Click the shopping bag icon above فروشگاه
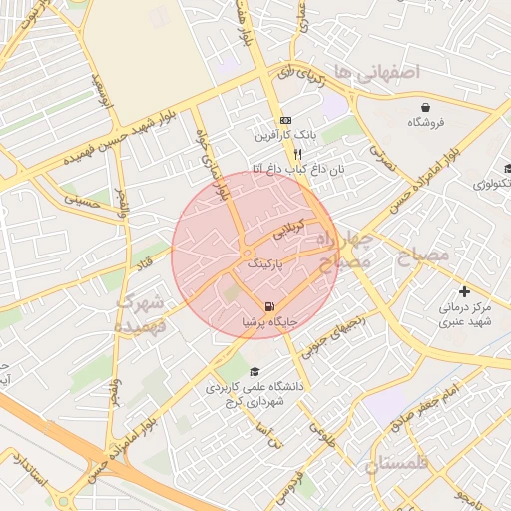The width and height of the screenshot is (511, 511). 427,106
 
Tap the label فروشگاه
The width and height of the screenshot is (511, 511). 427,122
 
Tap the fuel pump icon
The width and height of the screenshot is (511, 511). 269,306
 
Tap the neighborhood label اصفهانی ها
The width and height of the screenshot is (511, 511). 378,71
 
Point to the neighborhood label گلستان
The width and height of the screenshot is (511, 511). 396,464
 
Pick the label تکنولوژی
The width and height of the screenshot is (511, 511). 493,184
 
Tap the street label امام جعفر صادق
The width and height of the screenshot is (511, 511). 426,404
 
